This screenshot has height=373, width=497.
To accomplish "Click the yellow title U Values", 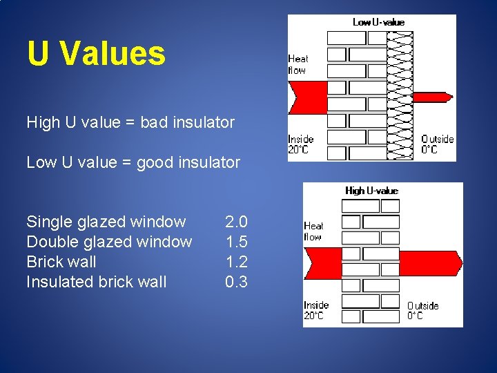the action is (96, 53).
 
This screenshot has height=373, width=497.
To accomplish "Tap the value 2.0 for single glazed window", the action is (236, 222).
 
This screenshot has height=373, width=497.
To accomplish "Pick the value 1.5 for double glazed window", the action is (236, 242).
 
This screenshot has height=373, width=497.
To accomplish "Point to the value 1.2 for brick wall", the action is (236, 262).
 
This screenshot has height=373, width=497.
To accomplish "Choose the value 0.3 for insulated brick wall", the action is (236, 282).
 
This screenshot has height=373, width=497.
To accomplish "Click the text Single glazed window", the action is (106, 222).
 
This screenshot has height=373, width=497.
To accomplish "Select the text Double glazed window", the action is (109, 242).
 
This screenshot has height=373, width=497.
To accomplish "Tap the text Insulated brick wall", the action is (96, 282).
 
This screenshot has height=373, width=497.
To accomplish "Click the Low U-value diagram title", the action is (378, 22).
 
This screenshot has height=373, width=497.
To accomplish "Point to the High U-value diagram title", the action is (371, 191).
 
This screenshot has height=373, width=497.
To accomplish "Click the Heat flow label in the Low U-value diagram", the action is (298, 64).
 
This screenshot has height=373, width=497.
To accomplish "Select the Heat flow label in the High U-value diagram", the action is (313, 231).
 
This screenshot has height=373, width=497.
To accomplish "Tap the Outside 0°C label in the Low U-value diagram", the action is (438, 144).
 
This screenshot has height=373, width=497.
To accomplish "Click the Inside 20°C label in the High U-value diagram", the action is (316, 310).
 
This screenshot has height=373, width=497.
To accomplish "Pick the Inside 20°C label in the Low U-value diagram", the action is (300, 144).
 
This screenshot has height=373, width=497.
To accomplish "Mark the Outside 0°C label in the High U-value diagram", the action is (422, 311).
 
